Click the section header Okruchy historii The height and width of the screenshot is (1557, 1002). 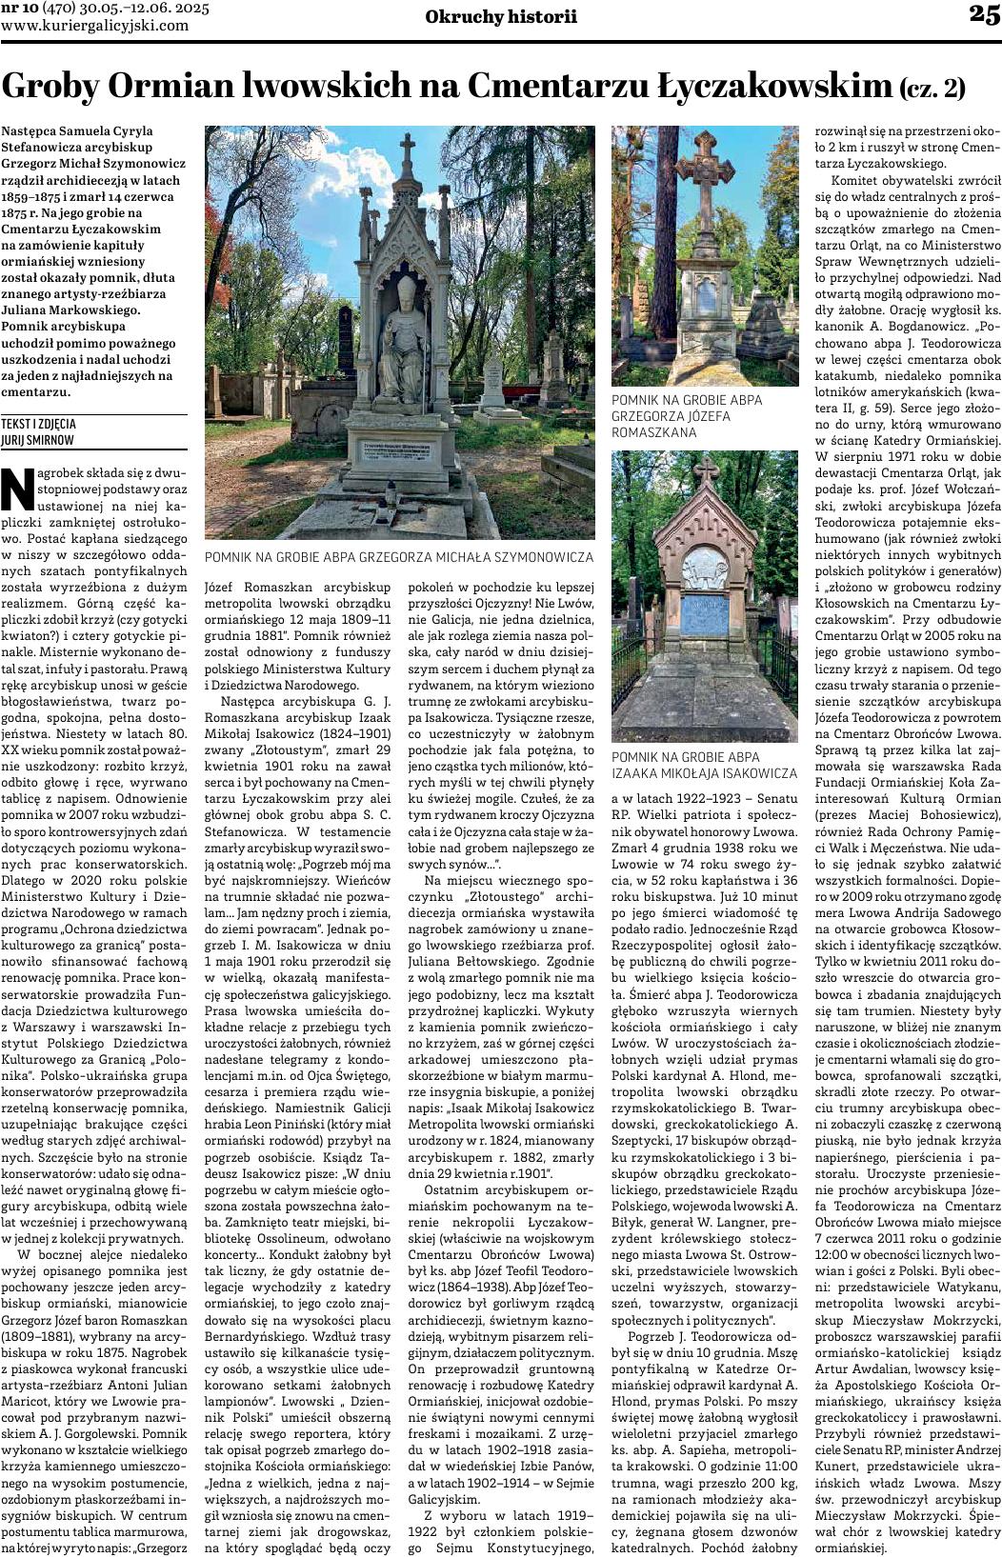point(501,16)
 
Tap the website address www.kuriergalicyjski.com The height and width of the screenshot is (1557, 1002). point(95,26)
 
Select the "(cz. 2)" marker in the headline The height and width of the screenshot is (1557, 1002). point(933,90)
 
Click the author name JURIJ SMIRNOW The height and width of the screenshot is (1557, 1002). point(37,440)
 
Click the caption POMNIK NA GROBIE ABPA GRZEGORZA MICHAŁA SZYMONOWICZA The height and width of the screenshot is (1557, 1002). point(399,557)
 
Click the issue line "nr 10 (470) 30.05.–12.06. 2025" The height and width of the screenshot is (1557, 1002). point(105,9)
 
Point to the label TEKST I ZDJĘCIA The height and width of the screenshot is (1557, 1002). point(39,425)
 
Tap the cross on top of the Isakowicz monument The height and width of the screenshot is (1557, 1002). point(706,471)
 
